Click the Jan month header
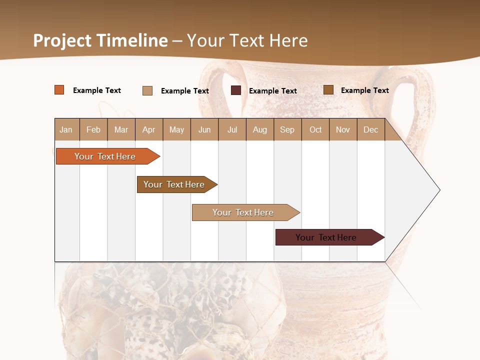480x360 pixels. click(66, 129)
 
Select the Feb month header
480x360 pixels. click(93, 129)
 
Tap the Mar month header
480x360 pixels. click(121, 129)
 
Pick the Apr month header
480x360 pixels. click(149, 129)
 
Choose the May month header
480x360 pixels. click(176, 129)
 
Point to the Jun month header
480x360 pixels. click(204, 129)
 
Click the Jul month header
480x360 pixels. click(232, 129)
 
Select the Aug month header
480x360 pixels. click(260, 129)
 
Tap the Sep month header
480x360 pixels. click(287, 129)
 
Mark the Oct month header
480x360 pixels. click(315, 129)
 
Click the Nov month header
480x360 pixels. click(343, 129)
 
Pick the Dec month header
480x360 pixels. click(370, 129)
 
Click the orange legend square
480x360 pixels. click(59, 90)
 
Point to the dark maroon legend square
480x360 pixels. click(236, 90)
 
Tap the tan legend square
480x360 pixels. click(147, 90)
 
